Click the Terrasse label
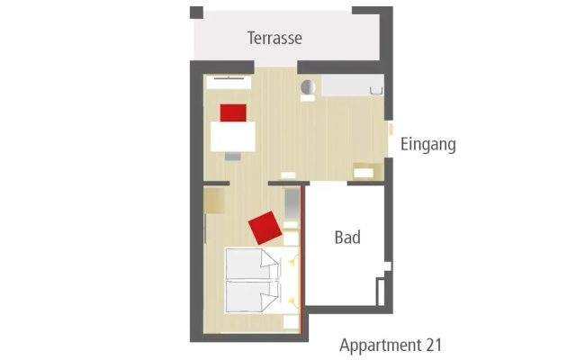click(274, 38)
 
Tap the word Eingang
click(428, 144)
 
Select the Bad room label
click(347, 238)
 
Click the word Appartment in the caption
click(381, 346)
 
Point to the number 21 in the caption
click(434, 345)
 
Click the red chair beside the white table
click(233, 112)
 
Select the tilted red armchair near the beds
click(265, 228)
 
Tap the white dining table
click(233, 136)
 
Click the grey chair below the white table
click(233, 156)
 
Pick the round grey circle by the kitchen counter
click(308, 87)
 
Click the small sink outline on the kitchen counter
click(376, 91)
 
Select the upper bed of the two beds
click(253, 264)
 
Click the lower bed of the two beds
click(253, 297)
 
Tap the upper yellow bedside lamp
click(292, 262)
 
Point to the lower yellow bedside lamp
click(292, 301)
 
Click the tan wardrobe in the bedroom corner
click(214, 200)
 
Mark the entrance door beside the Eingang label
click(391, 129)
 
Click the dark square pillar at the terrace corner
click(196, 13)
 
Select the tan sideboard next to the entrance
click(368, 172)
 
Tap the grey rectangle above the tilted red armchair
click(292, 204)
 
